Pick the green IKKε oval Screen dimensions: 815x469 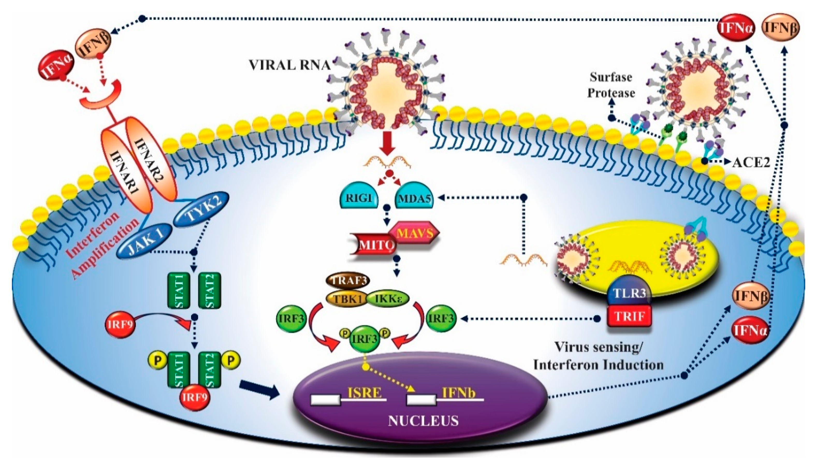tap(388, 299)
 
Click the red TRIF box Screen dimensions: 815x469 tap(629, 316)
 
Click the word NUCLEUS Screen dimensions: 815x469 tap(423, 421)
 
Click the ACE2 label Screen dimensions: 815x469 tap(751, 163)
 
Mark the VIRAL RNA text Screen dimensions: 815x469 tap(289, 65)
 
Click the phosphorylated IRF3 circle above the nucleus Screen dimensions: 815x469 tap(365, 339)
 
